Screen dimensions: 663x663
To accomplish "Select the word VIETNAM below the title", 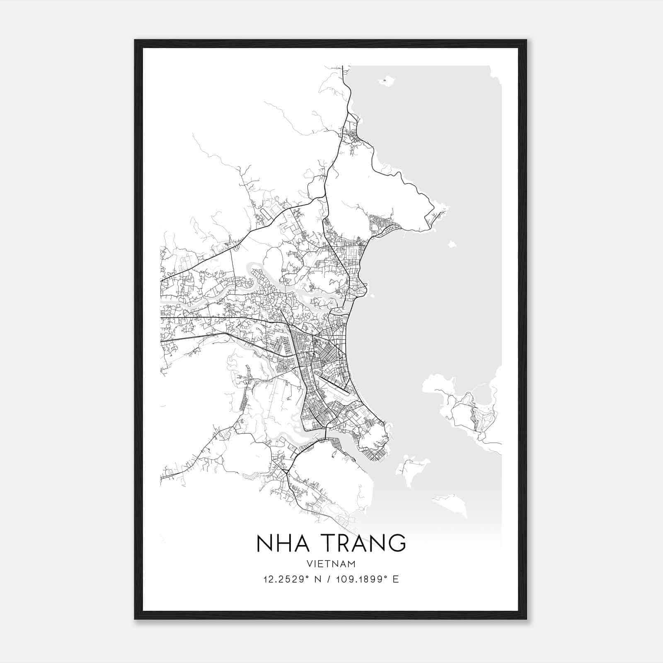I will (x=331, y=564).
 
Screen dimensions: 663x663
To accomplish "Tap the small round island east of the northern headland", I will (x=452, y=244).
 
